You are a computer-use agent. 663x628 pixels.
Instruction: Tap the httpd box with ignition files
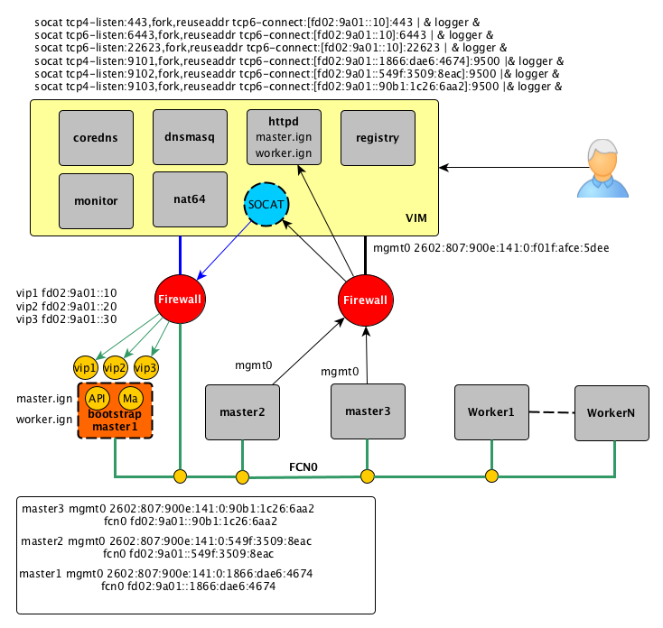(284, 137)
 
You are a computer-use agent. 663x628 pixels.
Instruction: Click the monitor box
(96, 199)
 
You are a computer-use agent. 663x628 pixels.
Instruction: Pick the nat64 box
(190, 199)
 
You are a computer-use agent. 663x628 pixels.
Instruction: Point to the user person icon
(603, 168)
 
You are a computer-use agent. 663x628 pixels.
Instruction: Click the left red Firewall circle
(180, 300)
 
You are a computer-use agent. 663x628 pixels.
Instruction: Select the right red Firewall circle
(365, 300)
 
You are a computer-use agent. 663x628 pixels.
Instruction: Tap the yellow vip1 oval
(86, 367)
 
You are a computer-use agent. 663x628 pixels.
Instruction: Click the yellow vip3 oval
(145, 367)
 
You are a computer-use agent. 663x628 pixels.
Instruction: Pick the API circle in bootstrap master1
(97, 398)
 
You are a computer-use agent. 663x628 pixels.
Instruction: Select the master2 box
(242, 412)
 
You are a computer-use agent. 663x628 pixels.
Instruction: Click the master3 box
(368, 411)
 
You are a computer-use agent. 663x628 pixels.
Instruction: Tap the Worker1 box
(490, 412)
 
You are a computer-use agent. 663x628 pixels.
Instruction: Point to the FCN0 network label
(303, 468)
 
